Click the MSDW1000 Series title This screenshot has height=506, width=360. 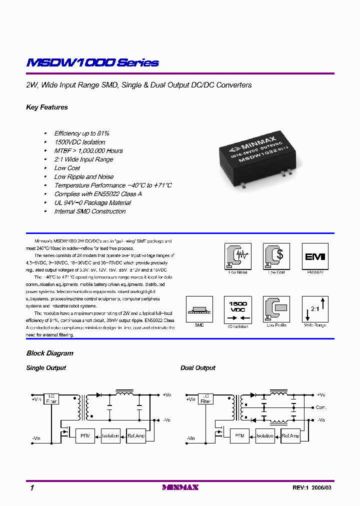pyautogui.click(x=92, y=63)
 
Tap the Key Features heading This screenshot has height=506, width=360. pyautogui.click(x=47, y=107)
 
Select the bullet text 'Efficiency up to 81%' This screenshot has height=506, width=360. pyautogui.click(x=81, y=133)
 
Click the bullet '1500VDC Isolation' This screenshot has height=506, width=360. pyautogui.click(x=79, y=142)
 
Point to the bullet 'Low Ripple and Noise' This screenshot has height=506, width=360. pyautogui.click(x=83, y=176)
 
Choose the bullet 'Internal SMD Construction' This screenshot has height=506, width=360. pyautogui.click(x=90, y=211)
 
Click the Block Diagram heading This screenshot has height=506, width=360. pyautogui.click(x=49, y=353)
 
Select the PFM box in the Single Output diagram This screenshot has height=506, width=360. pyautogui.click(x=84, y=435)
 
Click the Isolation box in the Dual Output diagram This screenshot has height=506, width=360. pyautogui.click(x=264, y=435)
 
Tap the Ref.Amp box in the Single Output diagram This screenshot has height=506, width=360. pyautogui.click(x=136, y=435)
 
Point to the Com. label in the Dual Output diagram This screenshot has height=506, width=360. pyautogui.click(x=320, y=407)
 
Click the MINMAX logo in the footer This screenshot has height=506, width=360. pyautogui.click(x=180, y=487)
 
